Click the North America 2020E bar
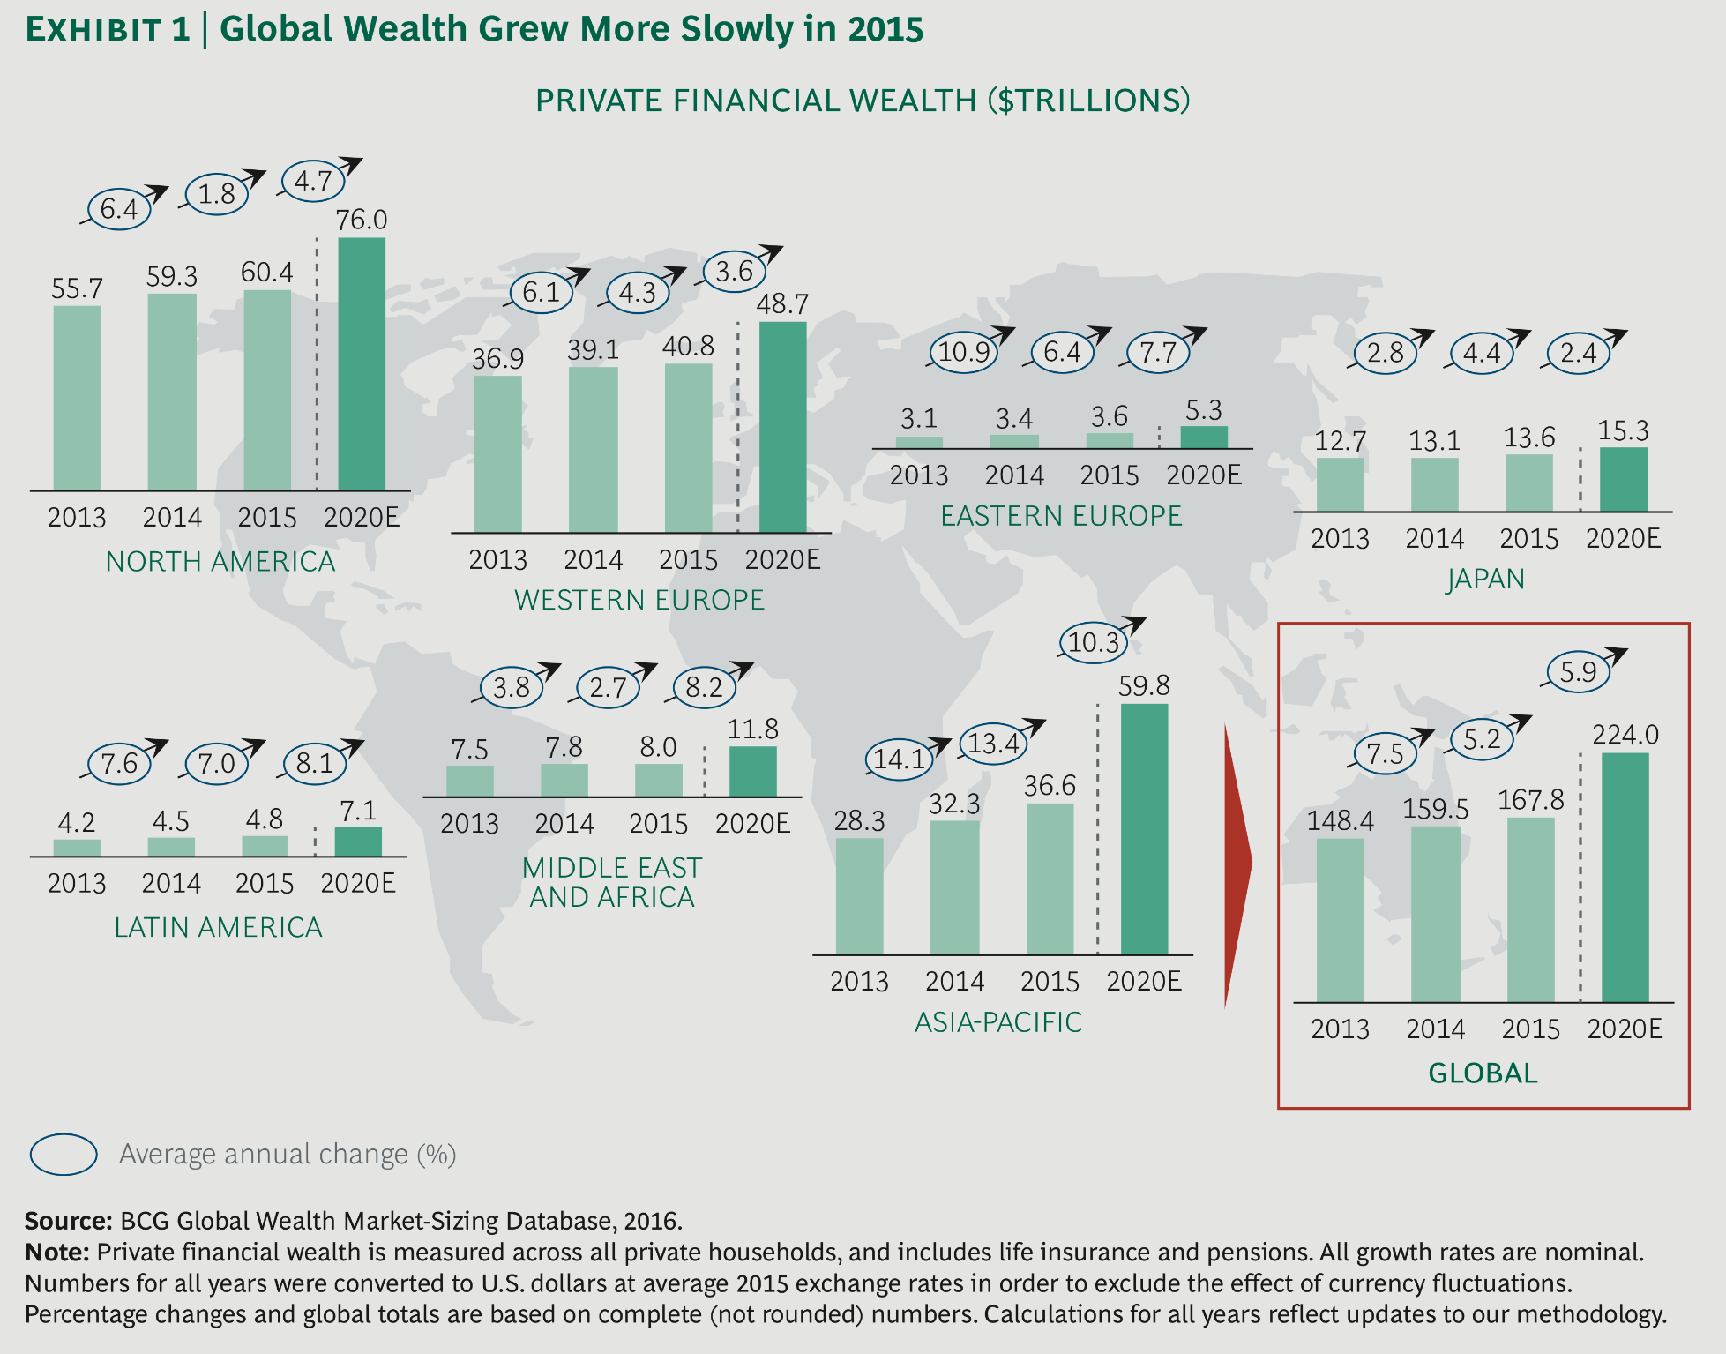pyautogui.click(x=362, y=363)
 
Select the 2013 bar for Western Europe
pyautogui.click(x=497, y=454)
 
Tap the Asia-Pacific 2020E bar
pyautogui.click(x=1144, y=829)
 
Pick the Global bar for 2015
pyautogui.click(x=1530, y=909)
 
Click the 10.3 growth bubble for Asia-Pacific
pyautogui.click(x=1094, y=642)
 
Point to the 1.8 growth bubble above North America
pyautogui.click(x=216, y=193)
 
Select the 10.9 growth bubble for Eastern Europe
pyautogui.click(x=963, y=353)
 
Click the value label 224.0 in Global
pyautogui.click(x=1625, y=735)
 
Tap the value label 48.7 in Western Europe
pyautogui.click(x=781, y=304)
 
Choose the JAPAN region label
pyautogui.click(x=1485, y=580)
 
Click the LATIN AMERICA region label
pyautogui.click(x=218, y=927)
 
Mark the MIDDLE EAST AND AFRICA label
pyautogui.click(x=611, y=882)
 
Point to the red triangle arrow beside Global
pyautogui.click(x=1237, y=864)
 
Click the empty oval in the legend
pyautogui.click(x=64, y=1154)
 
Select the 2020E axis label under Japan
pyautogui.click(x=1623, y=538)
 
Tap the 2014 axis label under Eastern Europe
pyautogui.click(x=1014, y=475)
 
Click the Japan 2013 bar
pyautogui.click(x=1340, y=484)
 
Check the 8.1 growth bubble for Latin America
pyautogui.click(x=314, y=763)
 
